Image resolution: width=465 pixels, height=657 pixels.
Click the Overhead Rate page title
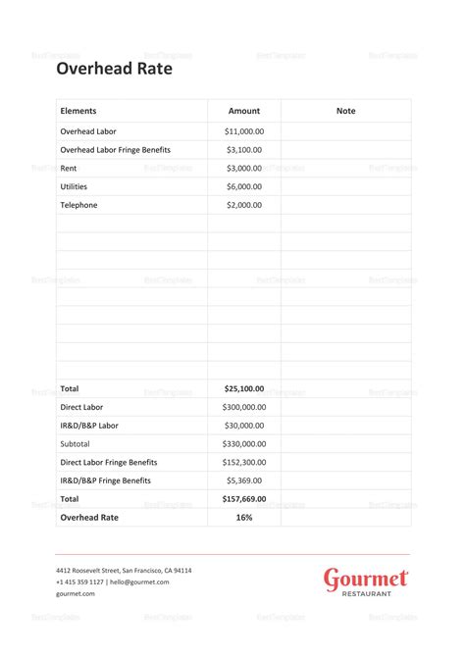tap(114, 69)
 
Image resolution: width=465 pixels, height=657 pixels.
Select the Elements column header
tap(78, 111)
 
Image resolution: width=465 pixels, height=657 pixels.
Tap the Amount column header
tap(244, 111)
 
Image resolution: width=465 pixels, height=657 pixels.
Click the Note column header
tap(345, 111)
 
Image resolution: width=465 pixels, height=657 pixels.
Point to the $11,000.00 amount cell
tap(244, 131)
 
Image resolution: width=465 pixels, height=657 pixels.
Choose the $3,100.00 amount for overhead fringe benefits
tap(244, 150)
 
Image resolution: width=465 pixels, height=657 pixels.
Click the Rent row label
tap(69, 168)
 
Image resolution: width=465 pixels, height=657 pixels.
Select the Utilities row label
tap(75, 186)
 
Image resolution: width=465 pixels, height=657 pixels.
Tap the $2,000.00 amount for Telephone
tap(244, 205)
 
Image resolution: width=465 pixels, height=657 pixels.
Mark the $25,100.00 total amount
tap(244, 388)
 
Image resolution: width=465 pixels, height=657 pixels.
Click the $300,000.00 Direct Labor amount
tap(244, 407)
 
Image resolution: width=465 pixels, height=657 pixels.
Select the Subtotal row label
tap(77, 443)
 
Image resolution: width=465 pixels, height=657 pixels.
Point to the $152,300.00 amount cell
tap(244, 462)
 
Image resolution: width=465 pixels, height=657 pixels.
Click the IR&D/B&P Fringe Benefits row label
tap(106, 480)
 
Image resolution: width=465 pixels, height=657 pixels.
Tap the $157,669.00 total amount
tap(244, 499)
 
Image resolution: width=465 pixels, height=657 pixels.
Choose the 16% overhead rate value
tap(244, 517)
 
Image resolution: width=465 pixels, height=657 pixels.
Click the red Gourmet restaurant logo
tap(366, 581)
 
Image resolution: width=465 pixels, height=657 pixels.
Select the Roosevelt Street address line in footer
tap(124, 571)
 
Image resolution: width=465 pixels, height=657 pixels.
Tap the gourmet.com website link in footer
tap(76, 593)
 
